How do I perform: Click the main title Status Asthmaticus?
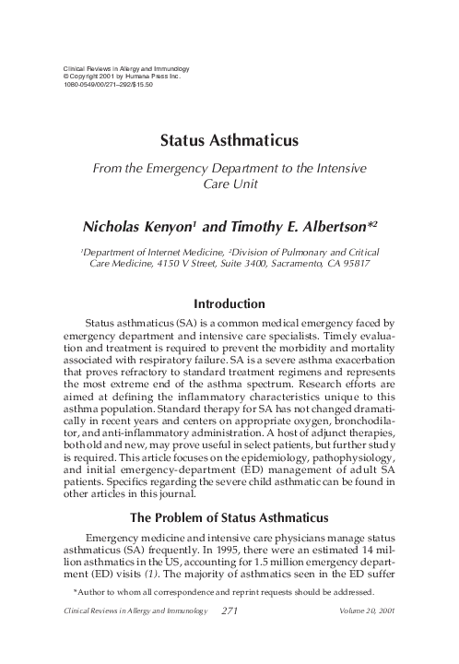(x=229, y=141)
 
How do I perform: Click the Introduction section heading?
(x=229, y=303)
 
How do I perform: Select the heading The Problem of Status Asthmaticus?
(x=229, y=515)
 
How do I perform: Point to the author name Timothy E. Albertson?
(x=289, y=225)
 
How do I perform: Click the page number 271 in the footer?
(x=231, y=636)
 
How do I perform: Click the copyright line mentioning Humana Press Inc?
(x=120, y=77)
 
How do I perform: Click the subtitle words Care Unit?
(x=229, y=184)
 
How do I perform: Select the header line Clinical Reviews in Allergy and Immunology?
(x=124, y=69)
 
